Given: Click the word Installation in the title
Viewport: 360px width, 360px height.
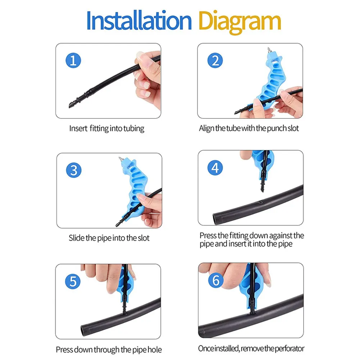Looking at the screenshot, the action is (x=139, y=20).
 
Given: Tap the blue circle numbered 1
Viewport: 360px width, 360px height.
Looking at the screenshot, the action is (x=73, y=60).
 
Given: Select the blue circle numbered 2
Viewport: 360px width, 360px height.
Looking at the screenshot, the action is (x=215, y=60).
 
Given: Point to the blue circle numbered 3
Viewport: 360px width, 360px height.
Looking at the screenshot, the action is (x=74, y=170).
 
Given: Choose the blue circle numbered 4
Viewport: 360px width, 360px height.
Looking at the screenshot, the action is (x=215, y=168).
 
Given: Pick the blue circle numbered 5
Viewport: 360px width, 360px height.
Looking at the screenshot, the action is (x=73, y=281).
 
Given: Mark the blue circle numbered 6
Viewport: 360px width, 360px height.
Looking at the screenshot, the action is (x=216, y=280).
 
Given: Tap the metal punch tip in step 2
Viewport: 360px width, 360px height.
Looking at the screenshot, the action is (x=269, y=50).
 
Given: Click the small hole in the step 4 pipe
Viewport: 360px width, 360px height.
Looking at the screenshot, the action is (x=261, y=202).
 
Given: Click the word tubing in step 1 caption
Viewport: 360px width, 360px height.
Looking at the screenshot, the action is (x=134, y=129).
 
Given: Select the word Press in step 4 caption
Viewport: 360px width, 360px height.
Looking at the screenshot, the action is (x=208, y=236).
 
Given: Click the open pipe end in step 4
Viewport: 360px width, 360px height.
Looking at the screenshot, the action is (x=215, y=219).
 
